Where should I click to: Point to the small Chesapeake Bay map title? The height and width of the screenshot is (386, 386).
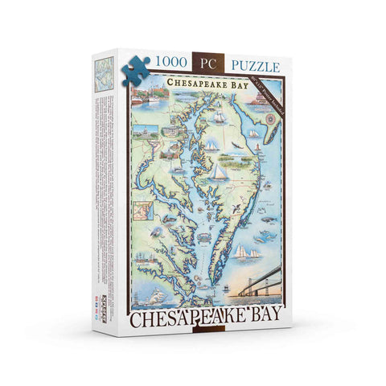click(205, 83)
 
